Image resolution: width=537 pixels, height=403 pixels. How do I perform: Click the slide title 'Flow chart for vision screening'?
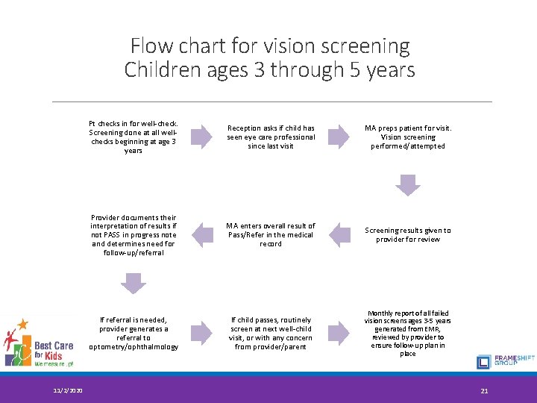point(269,46)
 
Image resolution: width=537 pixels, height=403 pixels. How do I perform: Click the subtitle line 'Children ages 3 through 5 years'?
point(269,69)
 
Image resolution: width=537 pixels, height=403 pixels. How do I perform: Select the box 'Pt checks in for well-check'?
point(134,137)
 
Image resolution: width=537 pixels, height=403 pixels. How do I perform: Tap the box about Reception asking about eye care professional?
point(271,137)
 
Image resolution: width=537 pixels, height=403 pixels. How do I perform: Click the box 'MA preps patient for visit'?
point(407,137)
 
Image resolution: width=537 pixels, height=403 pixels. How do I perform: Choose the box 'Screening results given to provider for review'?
point(407,235)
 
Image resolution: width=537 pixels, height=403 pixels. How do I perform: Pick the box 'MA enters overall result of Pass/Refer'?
point(271,234)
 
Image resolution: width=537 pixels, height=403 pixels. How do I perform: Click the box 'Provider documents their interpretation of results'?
point(134,235)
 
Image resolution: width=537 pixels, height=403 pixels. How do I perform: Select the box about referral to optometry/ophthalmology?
point(134,333)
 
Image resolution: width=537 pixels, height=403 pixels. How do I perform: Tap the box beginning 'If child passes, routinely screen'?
point(271,333)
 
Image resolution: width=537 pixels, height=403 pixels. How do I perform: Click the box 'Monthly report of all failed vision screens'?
point(407,333)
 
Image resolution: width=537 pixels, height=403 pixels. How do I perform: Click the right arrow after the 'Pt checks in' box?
point(201,136)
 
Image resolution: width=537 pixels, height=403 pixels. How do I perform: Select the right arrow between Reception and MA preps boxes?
point(339,136)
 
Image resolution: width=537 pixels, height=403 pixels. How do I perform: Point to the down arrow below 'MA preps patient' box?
point(407,184)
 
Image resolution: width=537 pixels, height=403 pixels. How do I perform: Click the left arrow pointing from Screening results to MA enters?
point(339,235)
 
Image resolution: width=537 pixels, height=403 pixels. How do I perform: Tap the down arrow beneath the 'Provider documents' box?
point(134,283)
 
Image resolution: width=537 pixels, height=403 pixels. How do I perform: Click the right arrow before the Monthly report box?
point(339,333)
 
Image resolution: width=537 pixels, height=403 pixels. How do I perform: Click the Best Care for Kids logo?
point(37,342)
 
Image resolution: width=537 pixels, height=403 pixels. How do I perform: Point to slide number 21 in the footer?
point(484,390)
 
